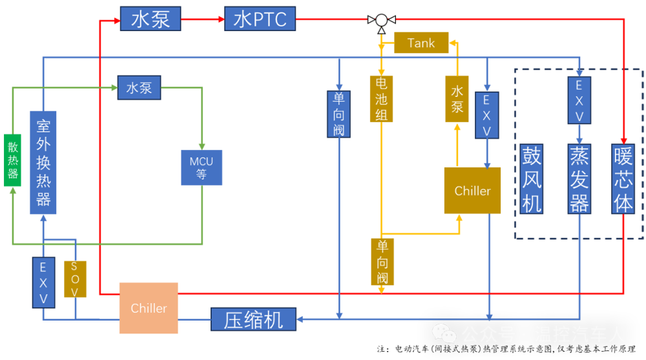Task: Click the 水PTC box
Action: [260, 19]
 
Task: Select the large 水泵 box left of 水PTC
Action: [151, 19]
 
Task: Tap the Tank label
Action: [421, 43]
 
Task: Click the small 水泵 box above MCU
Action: [139, 88]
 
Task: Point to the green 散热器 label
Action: [13, 160]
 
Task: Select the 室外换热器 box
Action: [44, 162]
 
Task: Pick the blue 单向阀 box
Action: [339, 114]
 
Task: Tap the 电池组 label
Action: [382, 100]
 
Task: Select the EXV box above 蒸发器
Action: [579, 100]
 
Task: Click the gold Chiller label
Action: [472, 191]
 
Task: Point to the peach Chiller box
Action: [149, 308]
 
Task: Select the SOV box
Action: [73, 280]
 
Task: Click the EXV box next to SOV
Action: [44, 282]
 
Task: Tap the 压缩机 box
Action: [253, 319]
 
